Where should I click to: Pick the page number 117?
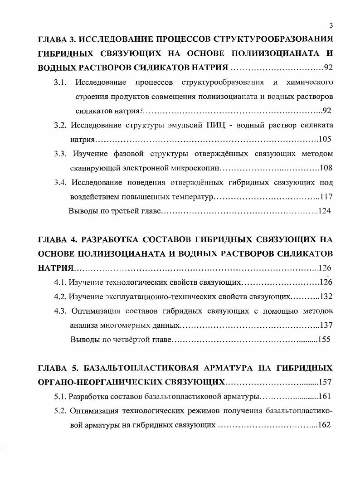tap(326, 197)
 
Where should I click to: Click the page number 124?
tap(324, 211)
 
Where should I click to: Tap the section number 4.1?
tap(60, 282)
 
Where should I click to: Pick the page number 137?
tap(326, 325)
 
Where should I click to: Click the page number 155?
tap(324, 340)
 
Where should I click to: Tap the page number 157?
tap(326, 381)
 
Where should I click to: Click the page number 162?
tap(324, 425)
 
